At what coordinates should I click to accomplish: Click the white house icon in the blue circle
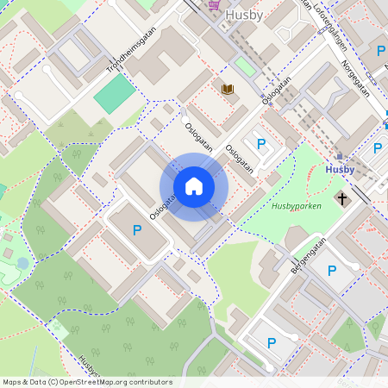[194, 186]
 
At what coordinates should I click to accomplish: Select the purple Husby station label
[340, 170]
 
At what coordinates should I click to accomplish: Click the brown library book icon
[228, 89]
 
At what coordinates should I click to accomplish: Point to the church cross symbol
[342, 199]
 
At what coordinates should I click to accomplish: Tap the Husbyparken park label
[296, 207]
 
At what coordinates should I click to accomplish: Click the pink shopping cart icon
[213, 4]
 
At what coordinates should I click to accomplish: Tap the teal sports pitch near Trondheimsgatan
[115, 93]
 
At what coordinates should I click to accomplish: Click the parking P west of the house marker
[136, 230]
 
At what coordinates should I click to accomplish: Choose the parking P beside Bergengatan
[332, 271]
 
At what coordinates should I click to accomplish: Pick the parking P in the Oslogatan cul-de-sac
[261, 143]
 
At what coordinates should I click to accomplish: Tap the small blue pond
[22, 262]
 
